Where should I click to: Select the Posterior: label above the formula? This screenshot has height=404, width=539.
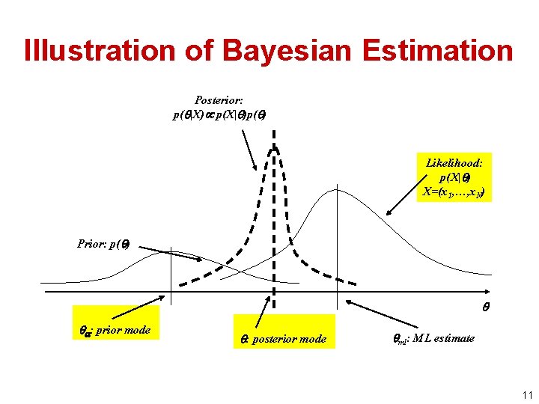(219, 100)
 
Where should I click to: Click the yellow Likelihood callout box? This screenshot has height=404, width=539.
(454, 177)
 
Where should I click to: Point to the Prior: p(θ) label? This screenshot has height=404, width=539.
(103, 243)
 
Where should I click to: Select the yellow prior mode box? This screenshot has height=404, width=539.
(115, 327)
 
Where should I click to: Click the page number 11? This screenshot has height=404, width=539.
(526, 394)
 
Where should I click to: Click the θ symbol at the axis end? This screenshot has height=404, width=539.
(487, 306)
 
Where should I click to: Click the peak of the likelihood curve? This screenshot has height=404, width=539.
(339, 189)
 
